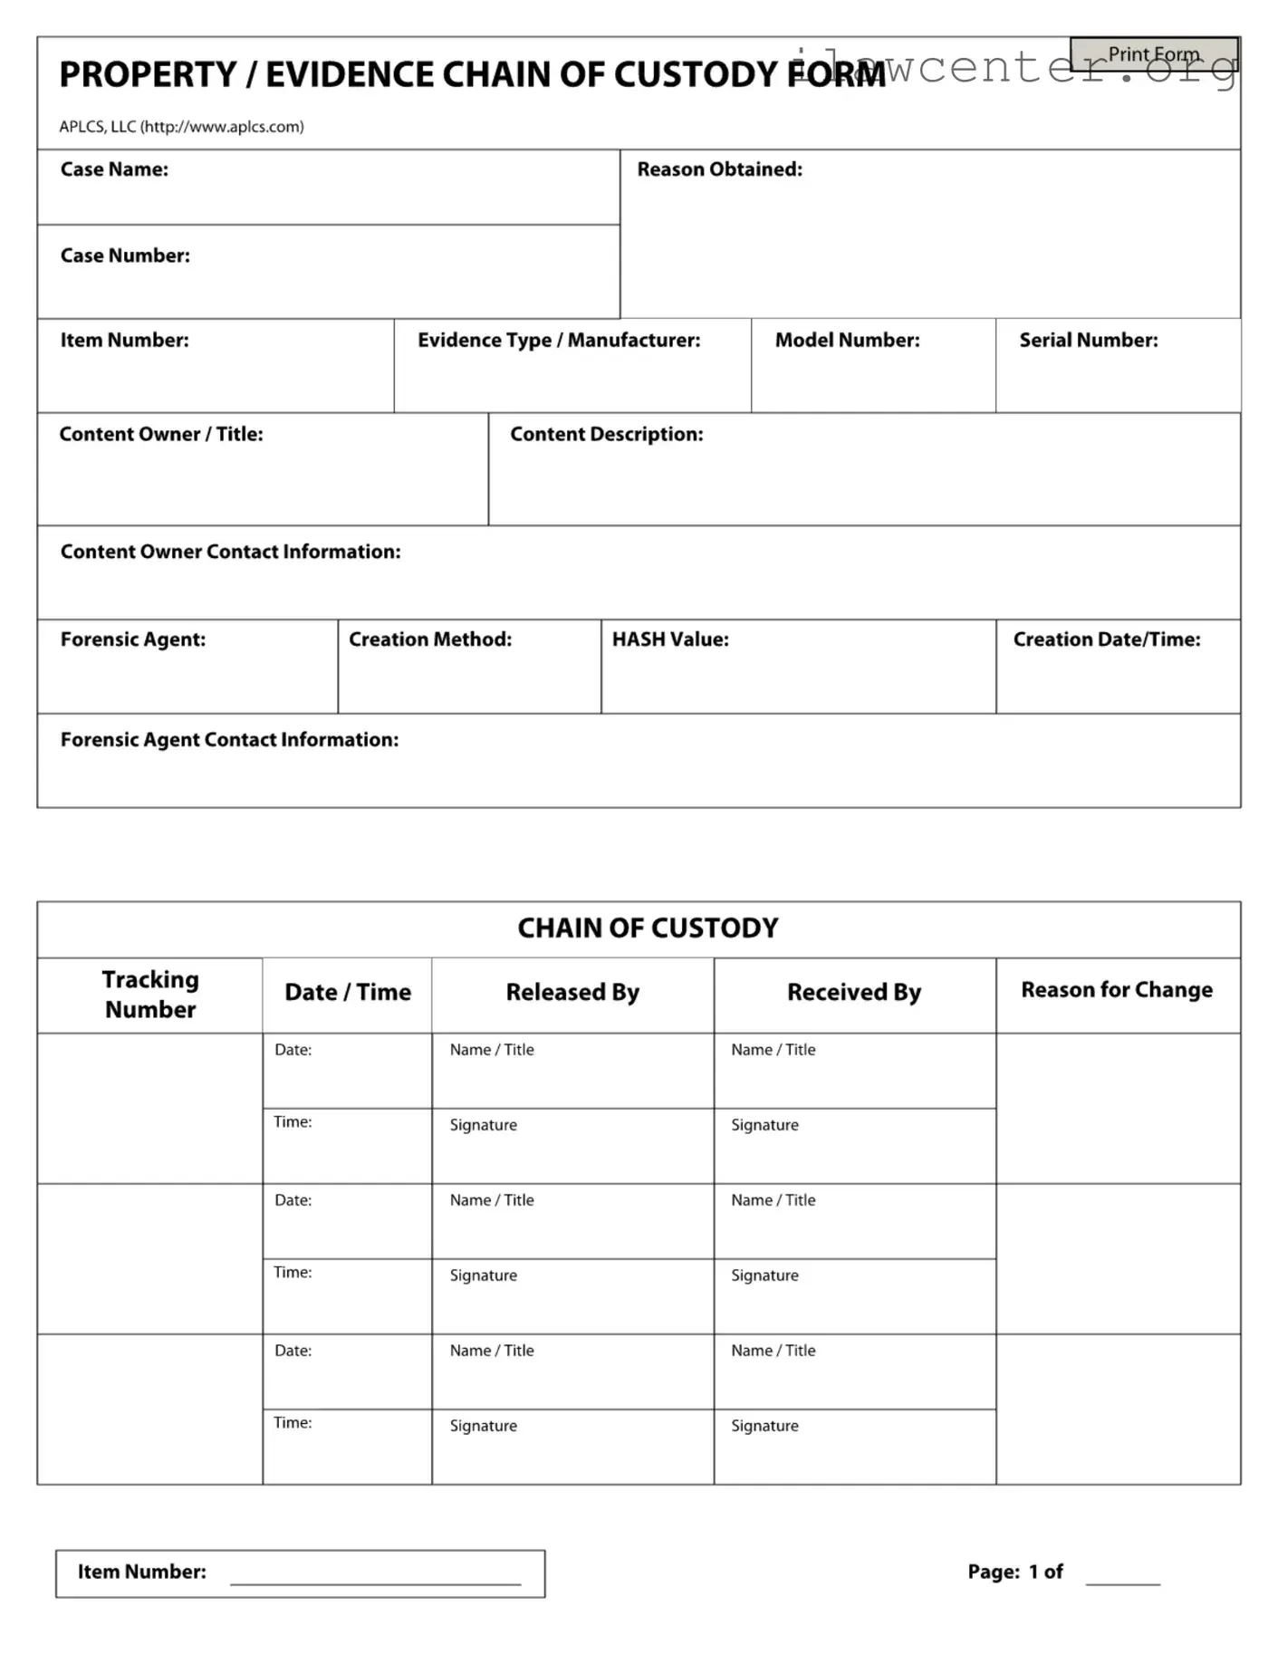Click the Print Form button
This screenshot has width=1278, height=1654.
pyautogui.click(x=1153, y=54)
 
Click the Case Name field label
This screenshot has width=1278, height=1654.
pyautogui.click(x=114, y=169)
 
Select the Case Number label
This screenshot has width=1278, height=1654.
pyautogui.click(x=125, y=255)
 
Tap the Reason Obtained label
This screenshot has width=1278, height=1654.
pyautogui.click(x=719, y=169)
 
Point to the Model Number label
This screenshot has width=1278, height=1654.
pyautogui.click(x=847, y=340)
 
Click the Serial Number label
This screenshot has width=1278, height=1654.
pyautogui.click(x=1088, y=340)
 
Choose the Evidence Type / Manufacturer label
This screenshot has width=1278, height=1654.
pyautogui.click(x=559, y=340)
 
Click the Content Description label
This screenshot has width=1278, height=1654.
pyautogui.click(x=606, y=434)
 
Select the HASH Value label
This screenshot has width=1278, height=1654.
pyautogui.click(x=670, y=639)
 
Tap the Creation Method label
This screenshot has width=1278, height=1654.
pyautogui.click(x=430, y=639)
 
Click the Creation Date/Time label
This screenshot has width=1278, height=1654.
pyautogui.click(x=1106, y=639)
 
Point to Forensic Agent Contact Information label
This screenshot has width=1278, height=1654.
pyautogui.click(x=229, y=740)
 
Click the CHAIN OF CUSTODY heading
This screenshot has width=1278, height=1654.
pyautogui.click(x=648, y=928)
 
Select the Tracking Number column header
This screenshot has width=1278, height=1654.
pyautogui.click(x=150, y=994)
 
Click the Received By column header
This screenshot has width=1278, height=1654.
pyautogui.click(x=853, y=992)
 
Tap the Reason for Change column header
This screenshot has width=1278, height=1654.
pyautogui.click(x=1116, y=990)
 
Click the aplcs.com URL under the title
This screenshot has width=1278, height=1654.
pyautogui.click(x=222, y=127)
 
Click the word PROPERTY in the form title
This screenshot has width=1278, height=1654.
pyautogui.click(x=148, y=74)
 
